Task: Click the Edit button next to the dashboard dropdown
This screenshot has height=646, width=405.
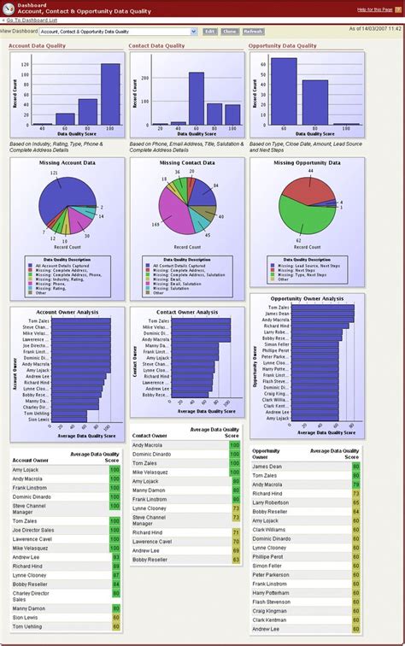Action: click(x=209, y=31)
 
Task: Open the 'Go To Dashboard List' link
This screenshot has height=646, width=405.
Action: click(x=36, y=19)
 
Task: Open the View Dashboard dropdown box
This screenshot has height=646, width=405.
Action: click(x=118, y=31)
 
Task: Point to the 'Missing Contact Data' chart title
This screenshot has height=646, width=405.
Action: click(x=187, y=162)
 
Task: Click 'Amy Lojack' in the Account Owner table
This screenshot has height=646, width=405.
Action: click(x=26, y=469)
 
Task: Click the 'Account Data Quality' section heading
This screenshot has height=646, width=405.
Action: click(x=37, y=45)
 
